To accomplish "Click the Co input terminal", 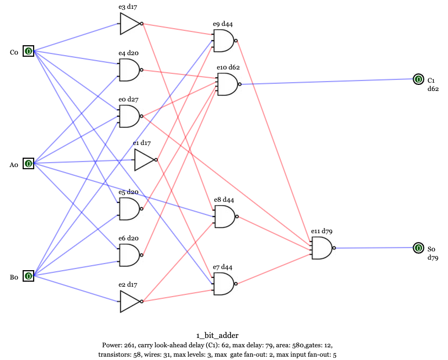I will [28, 52].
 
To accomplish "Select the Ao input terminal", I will [28, 164].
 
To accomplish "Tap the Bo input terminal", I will [28, 276].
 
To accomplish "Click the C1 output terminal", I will [418, 80].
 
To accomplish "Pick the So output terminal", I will [418, 248].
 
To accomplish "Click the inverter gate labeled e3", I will [130, 23].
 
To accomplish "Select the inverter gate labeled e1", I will [145, 160].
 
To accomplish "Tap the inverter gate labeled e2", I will [130, 302].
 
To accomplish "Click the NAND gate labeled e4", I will [129, 70].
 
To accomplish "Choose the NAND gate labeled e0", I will [129, 116].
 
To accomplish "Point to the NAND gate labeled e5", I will [129, 209].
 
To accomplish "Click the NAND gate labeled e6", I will [129, 255].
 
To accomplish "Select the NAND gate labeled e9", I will [223, 41].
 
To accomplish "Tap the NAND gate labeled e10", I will [227, 84].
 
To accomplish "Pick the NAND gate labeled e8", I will [223, 217].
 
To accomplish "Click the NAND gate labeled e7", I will [223, 283].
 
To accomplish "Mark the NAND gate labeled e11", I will [321, 248].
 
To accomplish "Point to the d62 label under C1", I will [433, 89].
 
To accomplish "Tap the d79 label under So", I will [433, 257].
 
